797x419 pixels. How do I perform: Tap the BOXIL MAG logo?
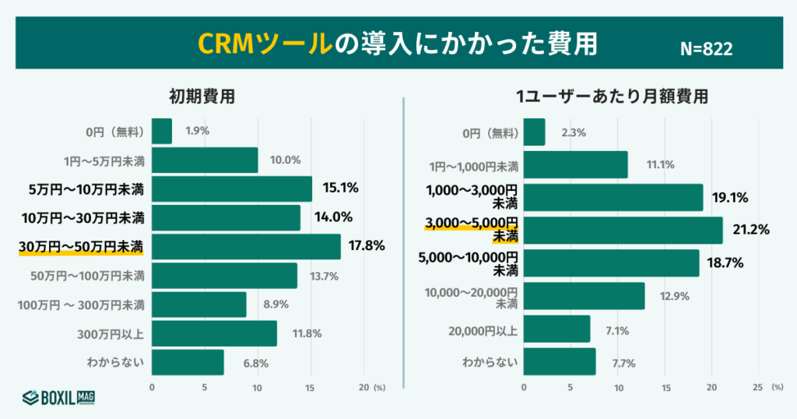pyautogui.click(x=58, y=398)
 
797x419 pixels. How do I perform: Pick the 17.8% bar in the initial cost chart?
pyautogui.click(x=246, y=247)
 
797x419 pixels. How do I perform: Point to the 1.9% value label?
pyautogui.click(x=197, y=131)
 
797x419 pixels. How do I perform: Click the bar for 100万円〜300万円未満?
pyautogui.click(x=198, y=305)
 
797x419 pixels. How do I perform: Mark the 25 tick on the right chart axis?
pyautogui.click(x=758, y=387)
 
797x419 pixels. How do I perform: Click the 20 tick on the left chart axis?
pyautogui.click(x=363, y=387)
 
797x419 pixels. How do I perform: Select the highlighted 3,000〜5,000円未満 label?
pyautogui.click(x=472, y=230)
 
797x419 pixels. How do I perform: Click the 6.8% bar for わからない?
pyautogui.click(x=188, y=362)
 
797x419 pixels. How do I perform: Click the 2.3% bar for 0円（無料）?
pyautogui.click(x=534, y=132)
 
